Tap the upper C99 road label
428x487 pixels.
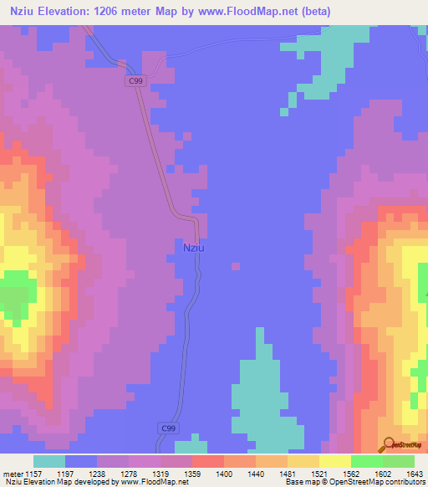pyautogui.click(x=137, y=80)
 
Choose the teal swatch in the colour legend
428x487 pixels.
pyautogui.click(x=48, y=461)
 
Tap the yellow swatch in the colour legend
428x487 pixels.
pyautogui.click(x=334, y=461)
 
